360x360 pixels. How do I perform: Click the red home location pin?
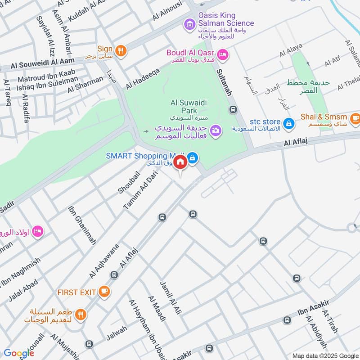point(180,162)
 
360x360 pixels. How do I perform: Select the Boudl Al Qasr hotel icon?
point(222,55)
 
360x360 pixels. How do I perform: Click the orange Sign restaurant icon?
point(120,50)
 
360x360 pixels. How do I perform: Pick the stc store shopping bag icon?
point(289,122)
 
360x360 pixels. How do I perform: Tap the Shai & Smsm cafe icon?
point(355,118)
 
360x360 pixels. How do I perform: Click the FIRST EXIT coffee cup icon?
point(104,292)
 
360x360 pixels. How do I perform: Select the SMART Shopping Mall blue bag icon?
point(193,157)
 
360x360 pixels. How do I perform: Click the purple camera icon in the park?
point(216,130)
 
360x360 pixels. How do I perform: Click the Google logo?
point(19,353)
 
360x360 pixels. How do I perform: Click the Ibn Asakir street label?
point(314,308)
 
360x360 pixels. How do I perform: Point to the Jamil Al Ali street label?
point(170,297)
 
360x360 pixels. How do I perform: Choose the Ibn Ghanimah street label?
point(82,225)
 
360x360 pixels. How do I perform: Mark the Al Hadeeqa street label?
point(143,78)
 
